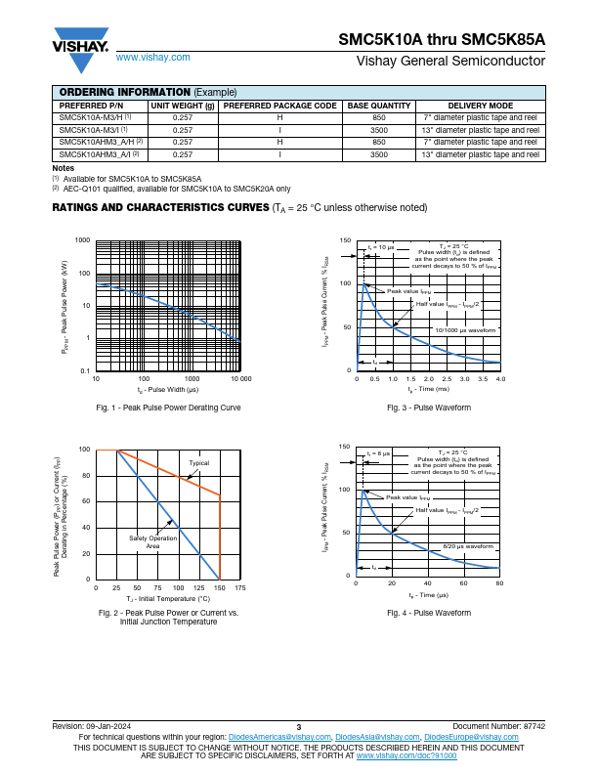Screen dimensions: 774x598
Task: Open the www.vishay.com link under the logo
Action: [152, 58]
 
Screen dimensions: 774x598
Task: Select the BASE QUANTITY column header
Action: [379, 106]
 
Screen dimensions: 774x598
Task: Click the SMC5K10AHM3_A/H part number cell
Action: [101, 142]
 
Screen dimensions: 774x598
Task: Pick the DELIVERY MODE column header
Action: [480, 106]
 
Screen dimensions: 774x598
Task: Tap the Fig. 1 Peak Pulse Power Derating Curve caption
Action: [168, 407]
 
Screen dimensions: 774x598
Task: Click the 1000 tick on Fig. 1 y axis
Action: [82, 240]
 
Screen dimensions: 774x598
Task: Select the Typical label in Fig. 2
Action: [198, 463]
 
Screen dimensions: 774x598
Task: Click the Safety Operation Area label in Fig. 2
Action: [152, 542]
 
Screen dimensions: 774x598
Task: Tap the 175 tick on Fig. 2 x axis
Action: [239, 588]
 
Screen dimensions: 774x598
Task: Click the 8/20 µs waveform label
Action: [469, 546]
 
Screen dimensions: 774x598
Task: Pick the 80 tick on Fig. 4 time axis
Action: [499, 583]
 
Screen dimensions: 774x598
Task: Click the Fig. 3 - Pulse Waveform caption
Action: [428, 407]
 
